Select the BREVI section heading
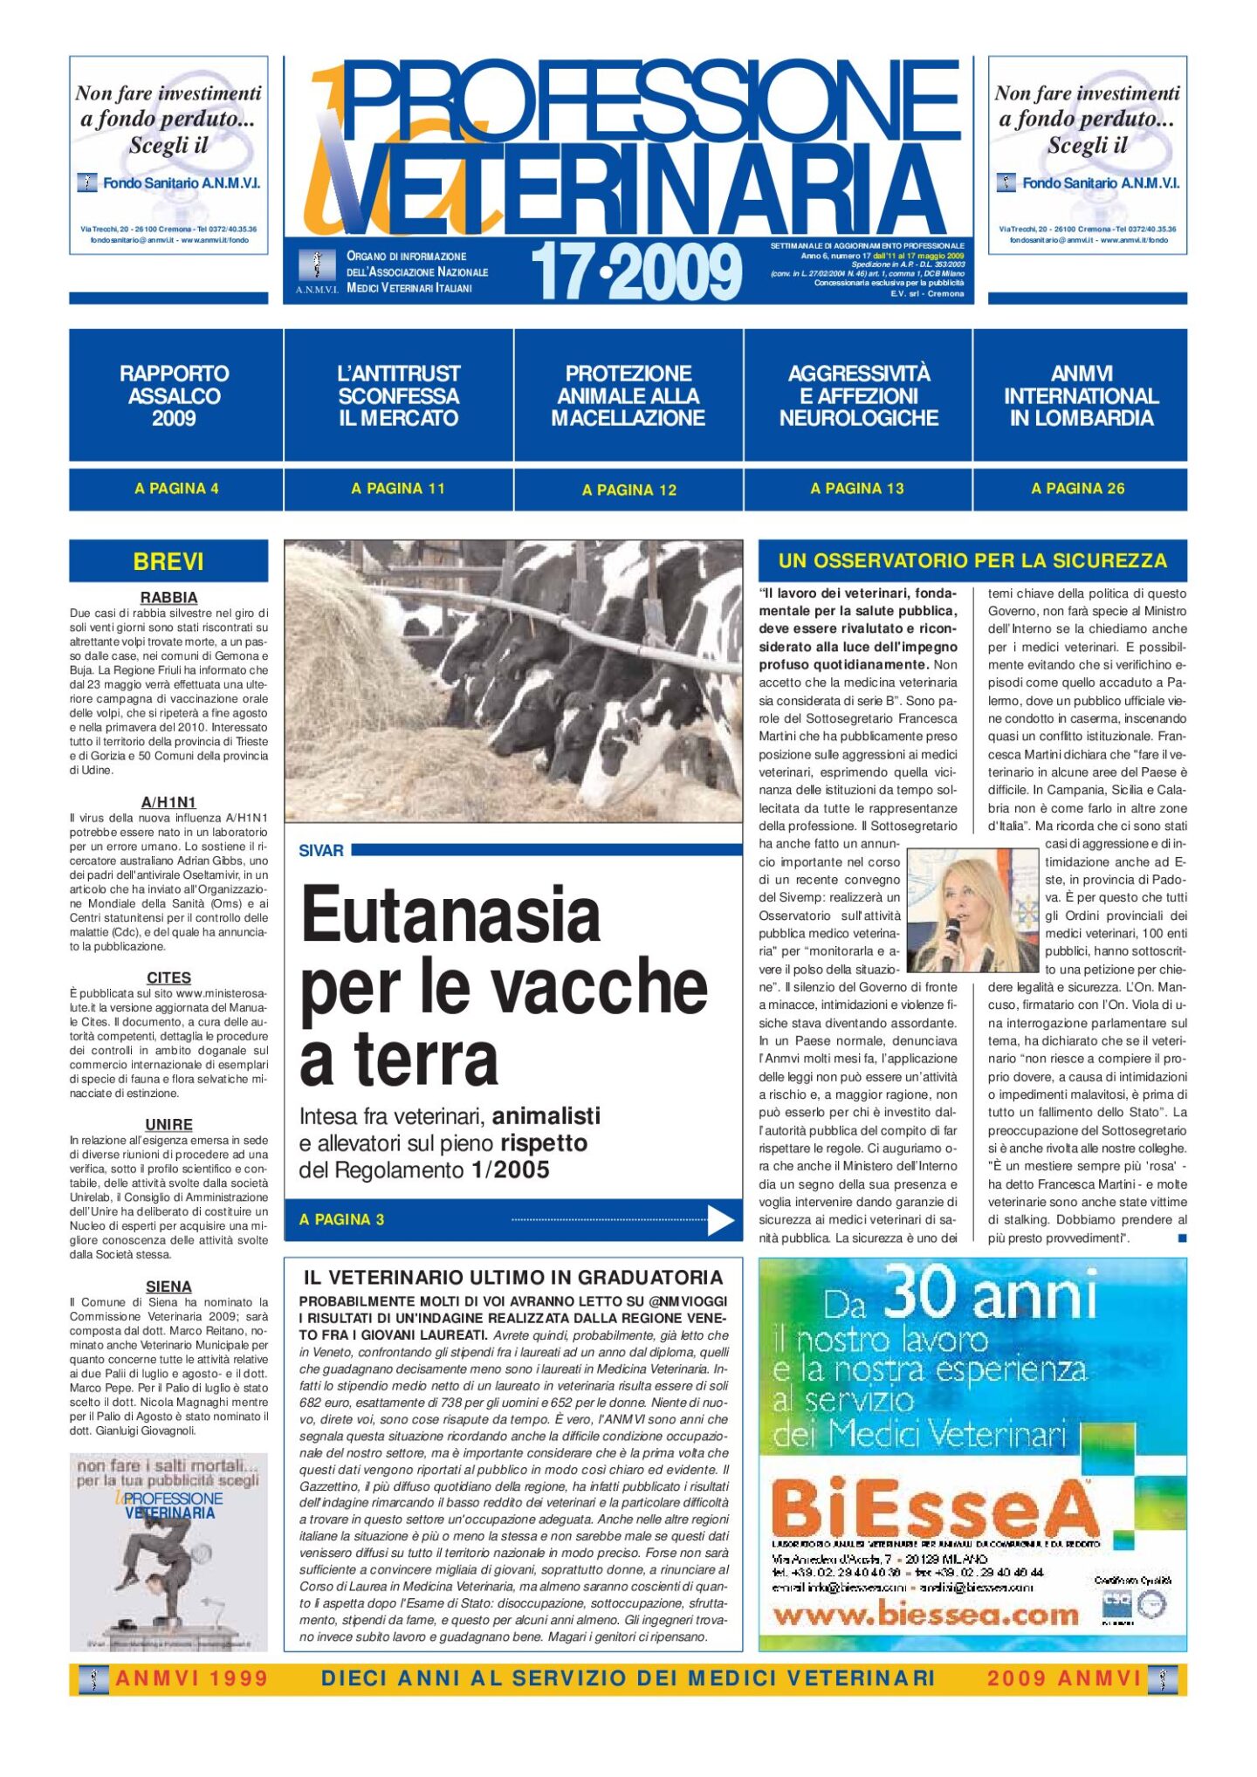coord(168,561)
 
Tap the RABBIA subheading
coord(168,598)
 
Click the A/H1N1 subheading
coord(168,802)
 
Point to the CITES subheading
coord(168,978)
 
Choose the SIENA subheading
coord(168,1286)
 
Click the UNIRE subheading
coord(168,1124)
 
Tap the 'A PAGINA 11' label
coord(398,489)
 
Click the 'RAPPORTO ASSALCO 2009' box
coord(175,395)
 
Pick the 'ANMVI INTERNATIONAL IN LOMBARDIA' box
coord(1081,395)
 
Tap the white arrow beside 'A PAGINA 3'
coord(720,1220)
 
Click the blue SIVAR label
coord(321,850)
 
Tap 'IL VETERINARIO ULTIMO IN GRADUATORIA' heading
coord(513,1278)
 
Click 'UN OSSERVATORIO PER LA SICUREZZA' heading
coord(972,560)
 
